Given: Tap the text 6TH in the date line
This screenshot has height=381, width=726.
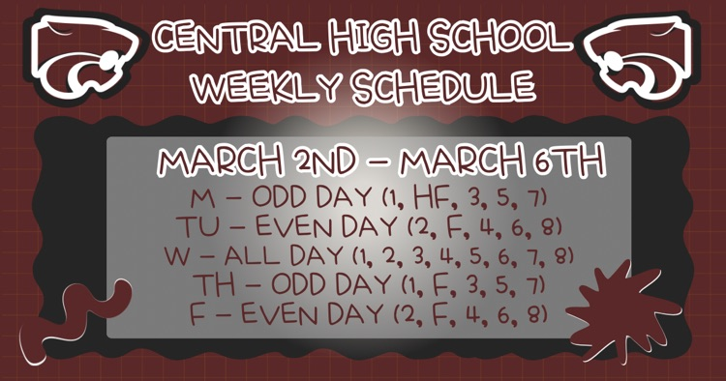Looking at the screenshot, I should click(567, 162).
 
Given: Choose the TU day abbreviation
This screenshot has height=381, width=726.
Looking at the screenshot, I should click(193, 228).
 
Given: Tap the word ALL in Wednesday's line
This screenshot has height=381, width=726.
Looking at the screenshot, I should click(252, 256).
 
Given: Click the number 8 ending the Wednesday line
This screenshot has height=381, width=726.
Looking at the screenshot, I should click(563, 256).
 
